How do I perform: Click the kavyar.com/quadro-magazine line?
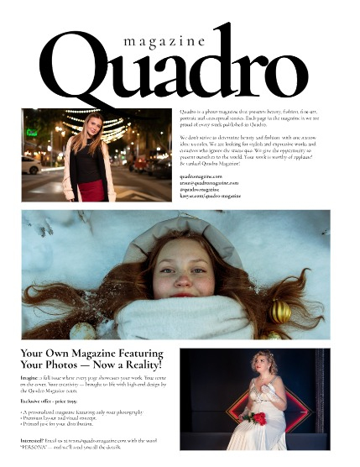[x=210, y=196]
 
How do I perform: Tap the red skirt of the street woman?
[x=91, y=190]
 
